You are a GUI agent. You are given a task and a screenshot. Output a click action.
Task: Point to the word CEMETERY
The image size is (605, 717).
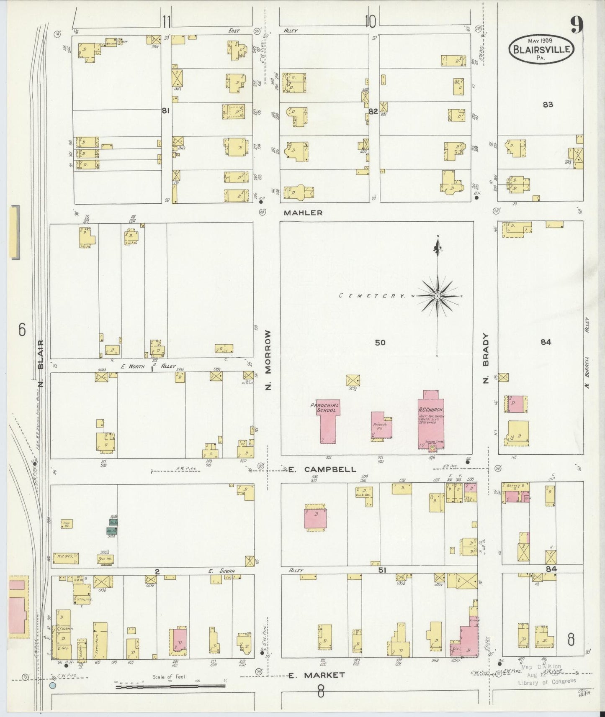[372, 296]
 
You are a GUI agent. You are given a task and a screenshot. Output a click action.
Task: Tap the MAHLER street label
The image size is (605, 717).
[303, 213]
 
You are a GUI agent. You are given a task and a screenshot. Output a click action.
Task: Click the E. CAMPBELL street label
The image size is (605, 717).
[322, 469]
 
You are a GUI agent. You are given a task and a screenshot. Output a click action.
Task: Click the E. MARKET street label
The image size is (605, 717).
[317, 675]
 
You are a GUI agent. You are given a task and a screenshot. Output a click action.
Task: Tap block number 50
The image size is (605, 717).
[380, 343]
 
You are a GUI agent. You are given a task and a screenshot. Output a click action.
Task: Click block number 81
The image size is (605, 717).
[166, 111]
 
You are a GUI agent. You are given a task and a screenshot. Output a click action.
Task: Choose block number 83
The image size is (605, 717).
[548, 105]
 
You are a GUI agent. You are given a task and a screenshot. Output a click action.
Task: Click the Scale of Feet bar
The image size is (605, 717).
[170, 686]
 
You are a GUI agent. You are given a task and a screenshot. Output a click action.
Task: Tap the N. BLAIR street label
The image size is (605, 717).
[41, 360]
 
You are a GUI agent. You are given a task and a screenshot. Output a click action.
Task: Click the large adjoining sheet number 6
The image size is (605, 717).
[22, 330]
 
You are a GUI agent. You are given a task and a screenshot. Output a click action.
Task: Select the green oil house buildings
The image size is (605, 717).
[112, 526]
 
